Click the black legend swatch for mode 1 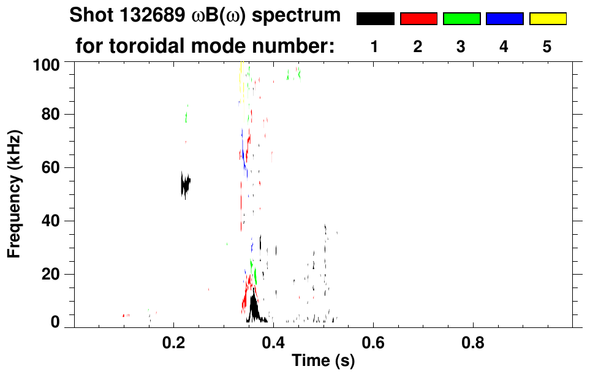point(375,19)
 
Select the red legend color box point(418,19)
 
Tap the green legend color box point(461,19)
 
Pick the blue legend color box point(504,19)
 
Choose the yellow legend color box point(548,19)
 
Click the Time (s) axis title point(323,362)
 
